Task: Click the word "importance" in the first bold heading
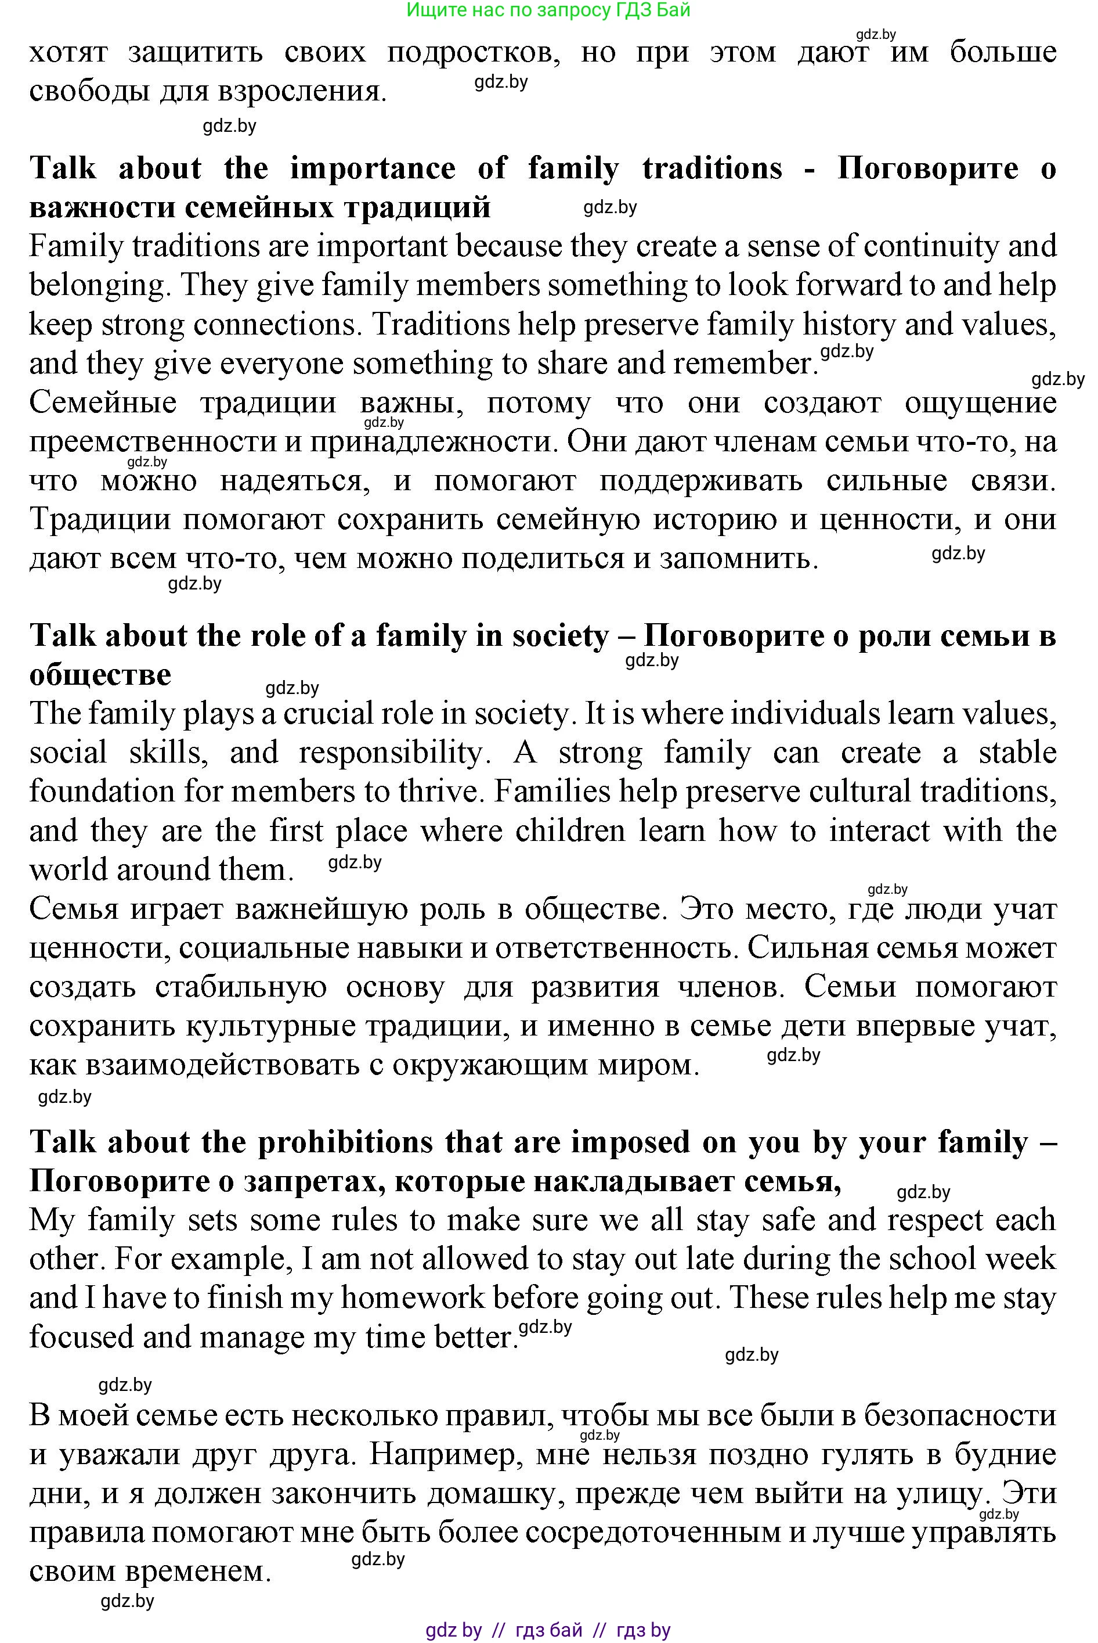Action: click(x=373, y=169)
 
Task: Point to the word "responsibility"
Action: click(x=390, y=753)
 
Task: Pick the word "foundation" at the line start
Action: click(x=102, y=792)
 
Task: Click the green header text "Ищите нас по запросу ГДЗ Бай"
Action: click(x=548, y=10)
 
